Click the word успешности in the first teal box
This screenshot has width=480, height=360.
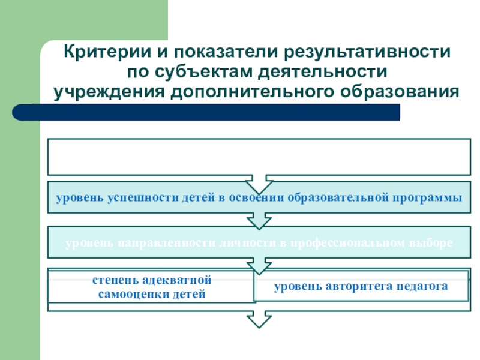(x=142, y=198)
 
